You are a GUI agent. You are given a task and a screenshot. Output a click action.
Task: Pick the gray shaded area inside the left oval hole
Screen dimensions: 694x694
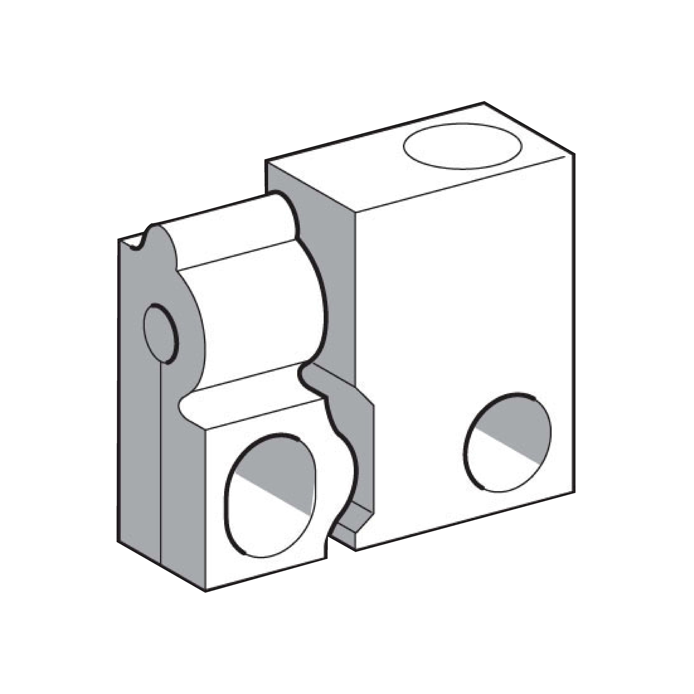pyautogui.click(x=284, y=467)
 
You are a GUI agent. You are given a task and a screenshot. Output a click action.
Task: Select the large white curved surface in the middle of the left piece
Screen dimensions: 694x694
pyautogui.click(x=259, y=316)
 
